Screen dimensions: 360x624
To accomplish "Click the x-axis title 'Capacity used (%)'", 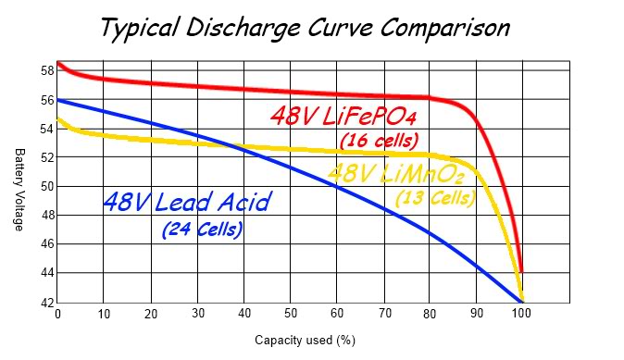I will (306, 341).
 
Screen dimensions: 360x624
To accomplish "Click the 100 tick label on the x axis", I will (522, 315).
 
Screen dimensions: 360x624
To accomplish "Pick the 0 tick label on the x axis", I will (57, 315).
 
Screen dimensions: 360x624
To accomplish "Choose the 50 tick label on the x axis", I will (290, 315).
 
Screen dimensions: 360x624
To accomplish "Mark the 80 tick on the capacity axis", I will (430, 315).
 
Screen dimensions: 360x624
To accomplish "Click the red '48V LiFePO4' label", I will (342, 117).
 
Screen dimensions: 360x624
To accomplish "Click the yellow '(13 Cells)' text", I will (435, 197).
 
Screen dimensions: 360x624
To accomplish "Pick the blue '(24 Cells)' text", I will (202, 228).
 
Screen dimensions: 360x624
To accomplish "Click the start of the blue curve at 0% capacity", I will (58, 99).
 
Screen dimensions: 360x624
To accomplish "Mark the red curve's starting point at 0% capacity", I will (58, 64).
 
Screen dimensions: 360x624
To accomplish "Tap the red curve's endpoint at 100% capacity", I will (522, 271).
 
